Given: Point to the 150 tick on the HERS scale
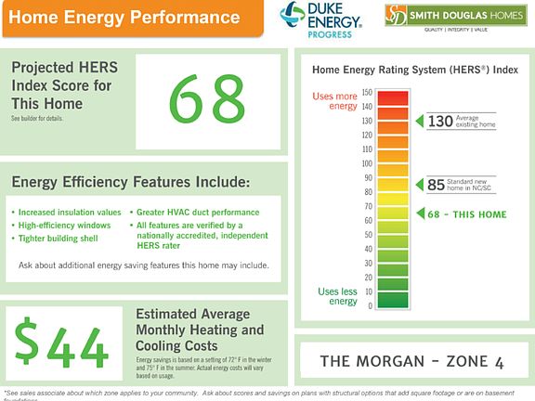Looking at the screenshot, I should tap(367, 93).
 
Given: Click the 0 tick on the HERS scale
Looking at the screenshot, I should tap(369, 305).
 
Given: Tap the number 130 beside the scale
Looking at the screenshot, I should tap(439, 121).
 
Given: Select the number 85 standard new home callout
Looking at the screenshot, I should tap(436, 185).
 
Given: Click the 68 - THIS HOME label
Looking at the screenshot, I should tap(466, 214).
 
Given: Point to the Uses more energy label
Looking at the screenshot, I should tap(334, 100).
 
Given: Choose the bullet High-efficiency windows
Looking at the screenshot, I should tap(64, 225).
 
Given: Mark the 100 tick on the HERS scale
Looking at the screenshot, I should tap(366, 163).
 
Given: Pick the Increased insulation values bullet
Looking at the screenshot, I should tap(70, 212).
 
